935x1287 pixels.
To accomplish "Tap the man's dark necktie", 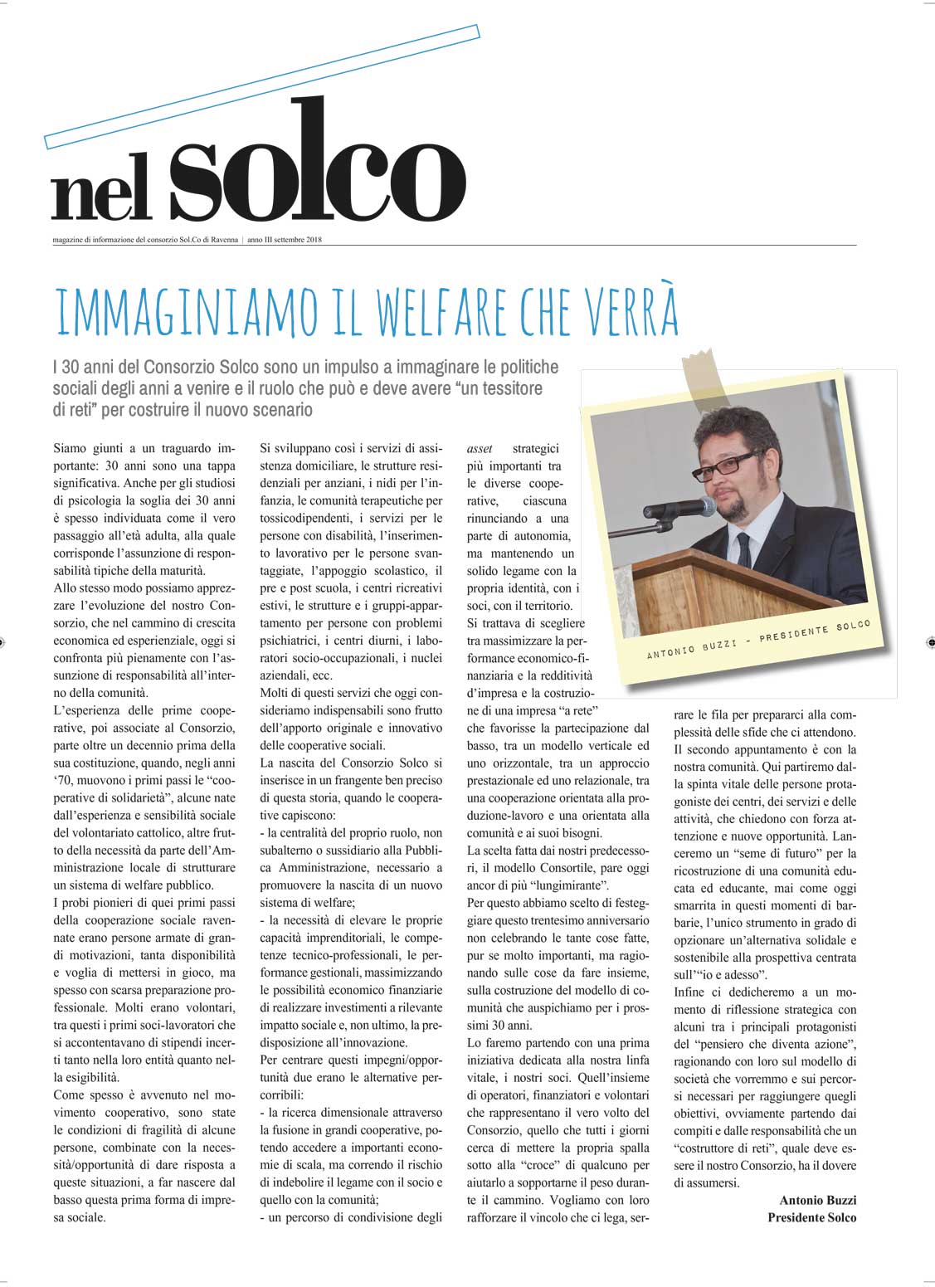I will tap(743, 548).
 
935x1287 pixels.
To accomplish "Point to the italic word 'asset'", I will tap(480, 448).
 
